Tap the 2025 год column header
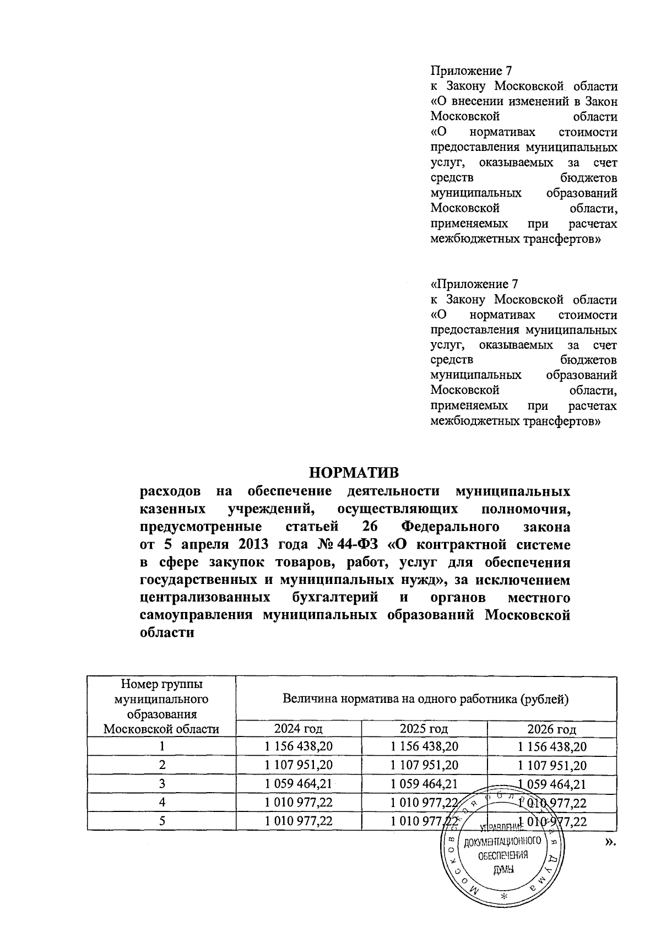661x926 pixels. coord(424,729)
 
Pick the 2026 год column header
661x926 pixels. coord(551,729)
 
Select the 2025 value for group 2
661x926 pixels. coord(424,765)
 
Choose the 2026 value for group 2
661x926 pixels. coord(551,765)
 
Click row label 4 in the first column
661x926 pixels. coord(162,803)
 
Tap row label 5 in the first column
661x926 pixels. coord(162,821)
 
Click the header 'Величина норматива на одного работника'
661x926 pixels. coord(425,700)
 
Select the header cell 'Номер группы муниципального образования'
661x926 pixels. coord(161,707)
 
